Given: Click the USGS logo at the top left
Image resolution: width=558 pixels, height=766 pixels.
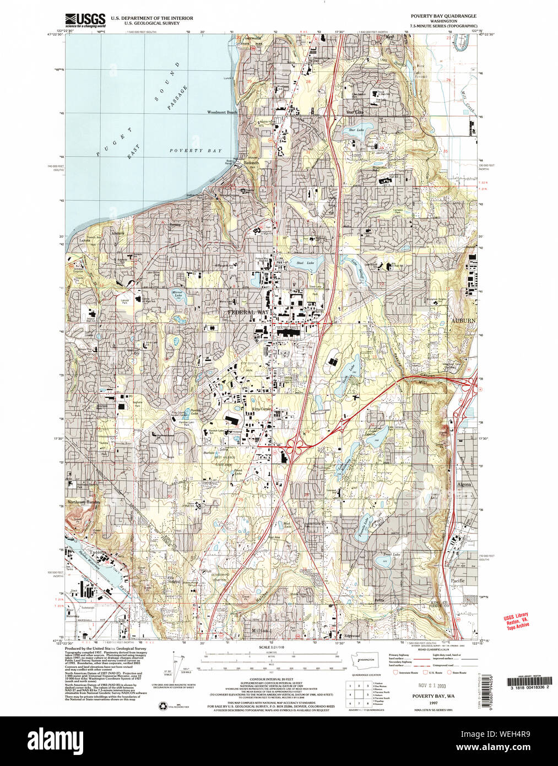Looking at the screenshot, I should click(x=85, y=20).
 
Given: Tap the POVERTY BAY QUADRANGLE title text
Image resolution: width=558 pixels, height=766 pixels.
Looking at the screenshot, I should click(x=443, y=16).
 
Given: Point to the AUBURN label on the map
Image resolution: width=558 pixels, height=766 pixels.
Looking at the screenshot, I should click(x=463, y=320).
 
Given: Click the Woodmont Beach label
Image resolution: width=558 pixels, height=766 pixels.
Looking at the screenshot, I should click(x=222, y=112).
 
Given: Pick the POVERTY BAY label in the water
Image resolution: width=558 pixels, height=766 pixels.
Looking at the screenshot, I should click(x=195, y=150).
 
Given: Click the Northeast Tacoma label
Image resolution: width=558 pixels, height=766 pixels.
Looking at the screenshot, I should click(x=84, y=502).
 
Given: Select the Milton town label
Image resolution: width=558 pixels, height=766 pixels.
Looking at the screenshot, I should click(x=259, y=630).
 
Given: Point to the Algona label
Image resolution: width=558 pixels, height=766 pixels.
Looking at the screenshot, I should click(x=464, y=484).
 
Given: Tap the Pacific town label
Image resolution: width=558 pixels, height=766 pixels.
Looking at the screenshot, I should click(x=458, y=580).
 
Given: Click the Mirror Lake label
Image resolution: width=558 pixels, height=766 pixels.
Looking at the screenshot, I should click(x=177, y=295).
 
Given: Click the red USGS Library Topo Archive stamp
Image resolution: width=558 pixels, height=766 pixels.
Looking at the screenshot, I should click(x=516, y=621).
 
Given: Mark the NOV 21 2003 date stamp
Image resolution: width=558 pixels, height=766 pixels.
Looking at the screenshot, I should click(x=433, y=686).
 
